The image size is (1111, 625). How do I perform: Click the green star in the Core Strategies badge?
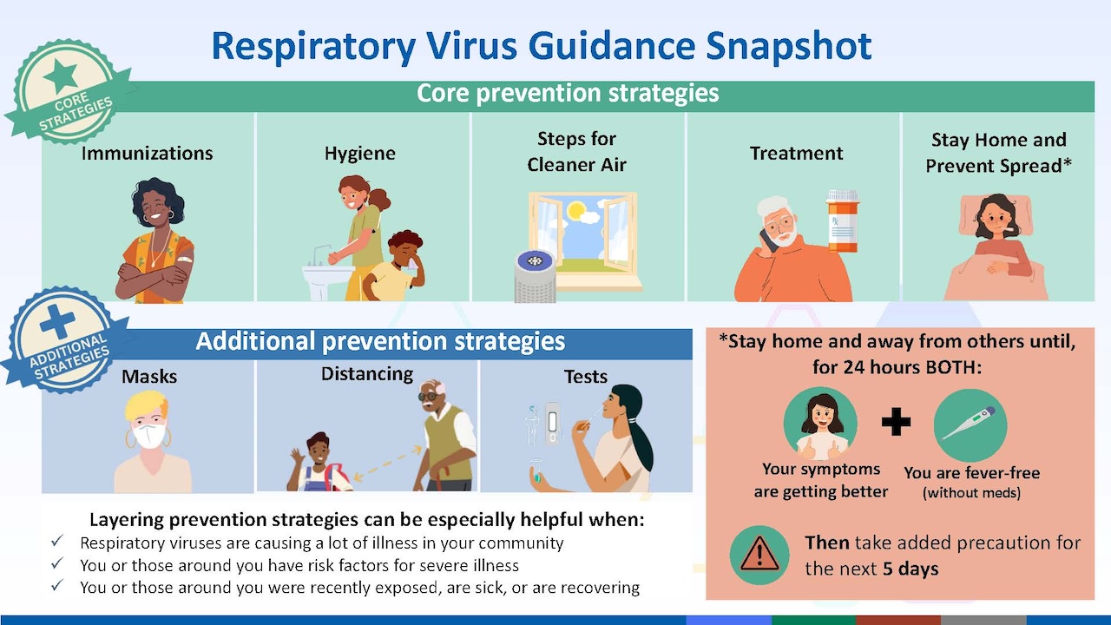tap(61, 76)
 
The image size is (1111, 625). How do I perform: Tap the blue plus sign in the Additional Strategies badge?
tap(57, 321)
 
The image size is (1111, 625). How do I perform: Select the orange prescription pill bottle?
tap(843, 221)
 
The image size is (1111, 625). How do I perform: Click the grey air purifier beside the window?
tap(536, 276)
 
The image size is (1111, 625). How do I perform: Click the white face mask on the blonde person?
tap(148, 436)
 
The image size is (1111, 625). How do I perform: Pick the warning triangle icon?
tap(759, 555)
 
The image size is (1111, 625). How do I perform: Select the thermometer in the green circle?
tap(969, 423)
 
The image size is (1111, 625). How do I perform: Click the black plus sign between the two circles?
tap(896, 422)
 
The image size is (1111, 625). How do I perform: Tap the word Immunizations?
tap(148, 154)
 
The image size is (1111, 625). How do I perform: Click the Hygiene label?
tap(360, 154)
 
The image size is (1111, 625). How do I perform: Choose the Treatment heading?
tap(796, 154)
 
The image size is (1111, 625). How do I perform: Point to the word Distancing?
tap(367, 374)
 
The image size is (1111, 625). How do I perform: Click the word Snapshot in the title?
tap(789, 46)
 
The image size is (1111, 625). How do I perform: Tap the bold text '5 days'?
tap(910, 569)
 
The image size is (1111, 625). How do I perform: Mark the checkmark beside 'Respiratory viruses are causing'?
tap(57, 541)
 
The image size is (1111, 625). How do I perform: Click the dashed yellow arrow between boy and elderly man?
tap(387, 464)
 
